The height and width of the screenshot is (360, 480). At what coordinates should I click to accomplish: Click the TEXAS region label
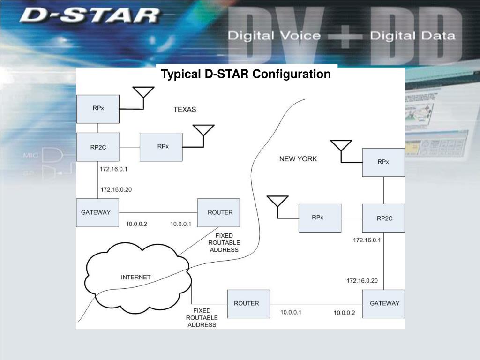point(185,110)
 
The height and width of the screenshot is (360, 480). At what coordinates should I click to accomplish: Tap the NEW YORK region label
point(298,159)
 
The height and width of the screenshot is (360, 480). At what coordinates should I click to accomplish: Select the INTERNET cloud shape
point(136,277)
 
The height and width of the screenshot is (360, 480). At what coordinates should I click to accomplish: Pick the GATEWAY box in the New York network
point(383,304)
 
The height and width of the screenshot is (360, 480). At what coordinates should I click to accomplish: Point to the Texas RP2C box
point(97,147)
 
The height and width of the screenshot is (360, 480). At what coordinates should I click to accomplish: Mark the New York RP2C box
point(383,218)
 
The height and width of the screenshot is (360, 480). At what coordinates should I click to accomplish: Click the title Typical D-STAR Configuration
point(246,74)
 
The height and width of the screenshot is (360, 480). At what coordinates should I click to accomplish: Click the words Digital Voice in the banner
point(274,36)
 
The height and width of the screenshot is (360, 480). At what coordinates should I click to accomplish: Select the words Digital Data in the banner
point(412,36)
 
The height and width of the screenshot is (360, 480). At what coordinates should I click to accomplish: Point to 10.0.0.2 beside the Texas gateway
point(136,224)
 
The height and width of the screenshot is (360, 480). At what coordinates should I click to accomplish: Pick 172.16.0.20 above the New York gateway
point(362,281)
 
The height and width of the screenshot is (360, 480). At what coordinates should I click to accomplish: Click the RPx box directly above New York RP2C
point(383,162)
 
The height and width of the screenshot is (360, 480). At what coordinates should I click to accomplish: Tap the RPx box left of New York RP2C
point(320,218)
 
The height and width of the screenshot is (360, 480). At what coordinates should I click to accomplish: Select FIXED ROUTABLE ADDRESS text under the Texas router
point(224,243)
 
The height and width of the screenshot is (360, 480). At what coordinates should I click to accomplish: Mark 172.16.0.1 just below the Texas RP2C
point(113,169)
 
